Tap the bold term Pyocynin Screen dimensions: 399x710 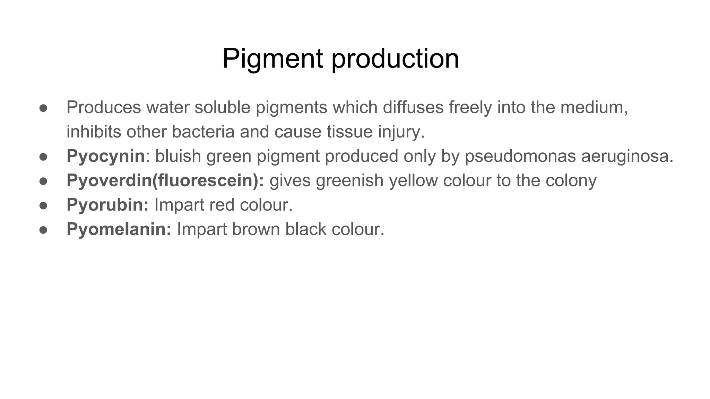[x=105, y=156]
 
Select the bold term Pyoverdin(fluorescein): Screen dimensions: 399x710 [x=165, y=180]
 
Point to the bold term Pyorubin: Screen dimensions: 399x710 [x=107, y=205]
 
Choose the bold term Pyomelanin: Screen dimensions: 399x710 [x=119, y=229]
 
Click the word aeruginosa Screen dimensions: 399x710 [x=627, y=156]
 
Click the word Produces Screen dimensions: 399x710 [x=104, y=107]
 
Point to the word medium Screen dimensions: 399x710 [x=594, y=107]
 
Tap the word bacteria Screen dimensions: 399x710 [x=198, y=132]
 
